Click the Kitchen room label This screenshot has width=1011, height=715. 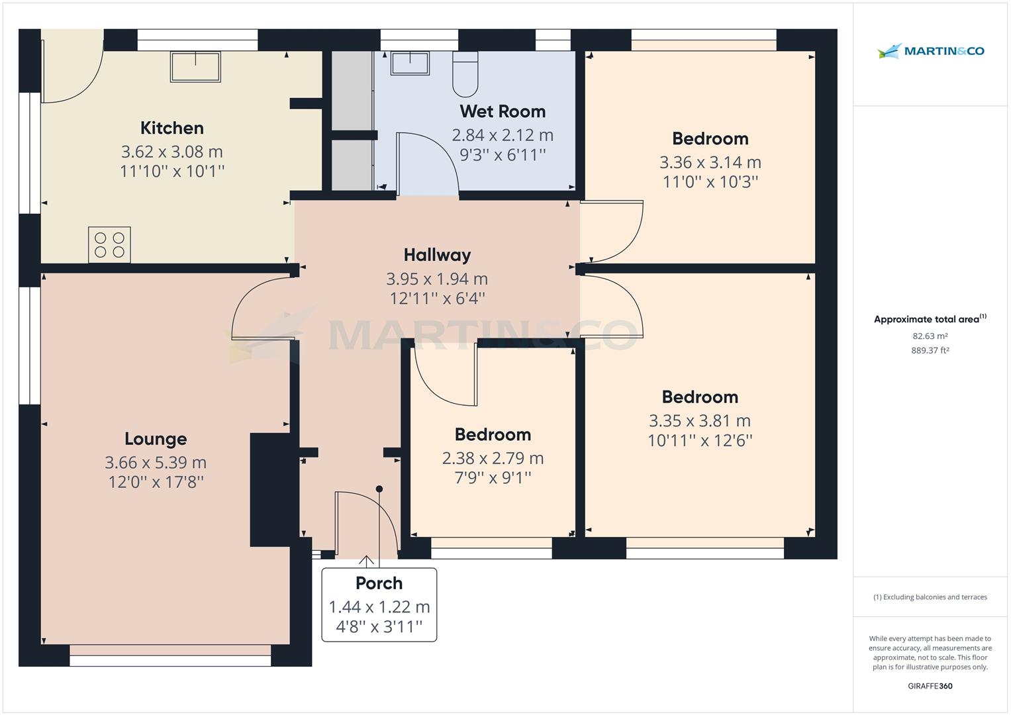point(171,128)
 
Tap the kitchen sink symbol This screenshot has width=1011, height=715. point(195,66)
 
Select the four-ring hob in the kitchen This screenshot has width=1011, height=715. point(109,244)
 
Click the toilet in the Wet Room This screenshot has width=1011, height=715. point(465,73)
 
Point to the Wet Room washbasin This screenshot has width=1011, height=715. point(410,64)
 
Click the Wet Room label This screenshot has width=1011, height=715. point(503,111)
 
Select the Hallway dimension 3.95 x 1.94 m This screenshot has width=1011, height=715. point(437,279)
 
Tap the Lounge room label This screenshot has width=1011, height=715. point(156,439)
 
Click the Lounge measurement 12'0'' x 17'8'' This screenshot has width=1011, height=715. point(156,482)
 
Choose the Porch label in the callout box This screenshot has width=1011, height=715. point(379,583)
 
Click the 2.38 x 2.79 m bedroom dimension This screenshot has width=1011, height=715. point(493,458)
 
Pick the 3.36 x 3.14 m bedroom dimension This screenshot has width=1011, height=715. point(710,162)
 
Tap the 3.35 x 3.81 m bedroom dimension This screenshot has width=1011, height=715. point(700,420)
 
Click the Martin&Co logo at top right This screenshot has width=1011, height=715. point(931,51)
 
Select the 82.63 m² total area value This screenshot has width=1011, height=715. point(930,336)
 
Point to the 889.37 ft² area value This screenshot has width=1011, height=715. point(930,351)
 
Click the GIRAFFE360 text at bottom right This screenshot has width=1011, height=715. point(930,686)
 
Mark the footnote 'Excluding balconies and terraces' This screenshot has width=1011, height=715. point(930,597)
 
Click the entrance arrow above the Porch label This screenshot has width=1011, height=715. point(365,561)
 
